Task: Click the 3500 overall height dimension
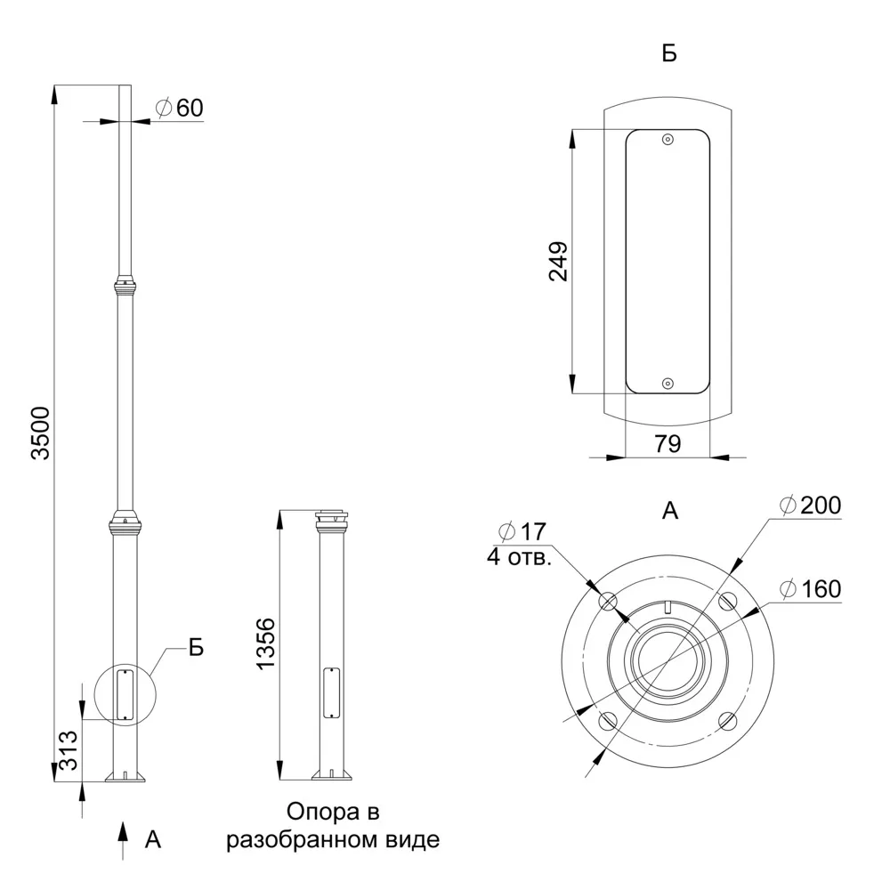[41, 433]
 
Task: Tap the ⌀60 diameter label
[180, 108]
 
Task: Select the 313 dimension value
[69, 749]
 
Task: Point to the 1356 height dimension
[265, 644]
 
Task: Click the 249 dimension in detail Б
[559, 261]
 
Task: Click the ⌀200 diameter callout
[811, 506]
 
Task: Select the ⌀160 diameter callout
[811, 589]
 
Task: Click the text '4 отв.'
[520, 557]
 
